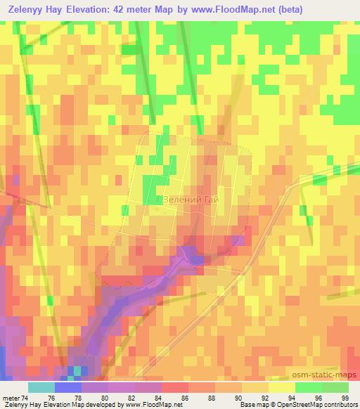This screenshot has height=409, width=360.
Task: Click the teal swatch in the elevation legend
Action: click(41, 387)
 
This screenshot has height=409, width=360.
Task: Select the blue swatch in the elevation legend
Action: click(68, 387)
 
